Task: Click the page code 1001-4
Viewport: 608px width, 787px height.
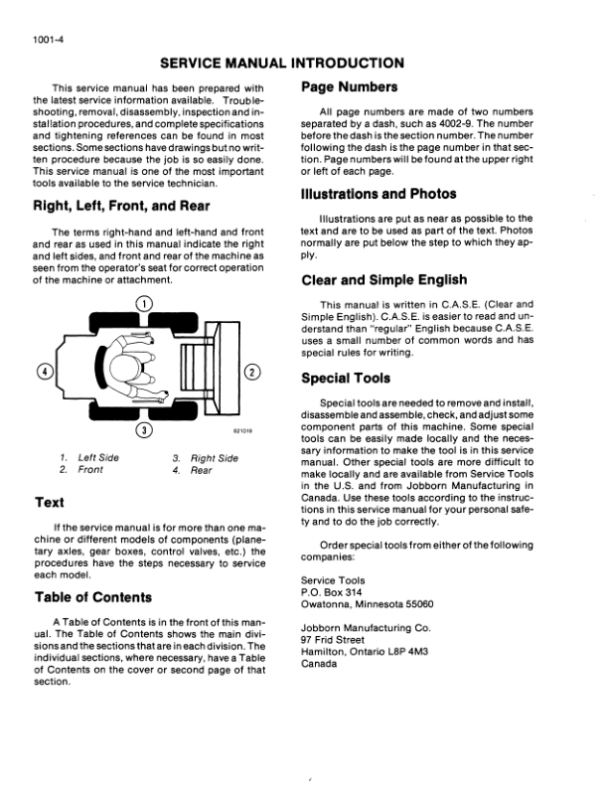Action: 35,41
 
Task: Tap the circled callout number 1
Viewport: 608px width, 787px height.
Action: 144,302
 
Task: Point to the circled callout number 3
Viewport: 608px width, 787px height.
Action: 144,430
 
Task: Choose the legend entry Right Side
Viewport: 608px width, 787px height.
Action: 215,457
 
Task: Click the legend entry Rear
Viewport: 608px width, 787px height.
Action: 202,469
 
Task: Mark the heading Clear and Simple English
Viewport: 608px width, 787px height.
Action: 398,279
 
